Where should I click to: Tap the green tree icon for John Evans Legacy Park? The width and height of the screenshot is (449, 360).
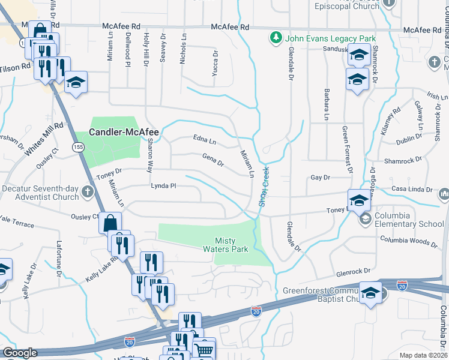tap(276, 38)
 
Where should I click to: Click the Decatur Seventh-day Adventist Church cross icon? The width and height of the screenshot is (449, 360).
tap(88, 192)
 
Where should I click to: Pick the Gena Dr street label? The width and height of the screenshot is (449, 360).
tap(213, 160)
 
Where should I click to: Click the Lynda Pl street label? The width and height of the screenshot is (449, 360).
tap(163, 186)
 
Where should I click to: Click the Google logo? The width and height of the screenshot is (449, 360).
tap(20, 353)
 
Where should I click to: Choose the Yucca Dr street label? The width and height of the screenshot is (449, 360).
tap(214, 64)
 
